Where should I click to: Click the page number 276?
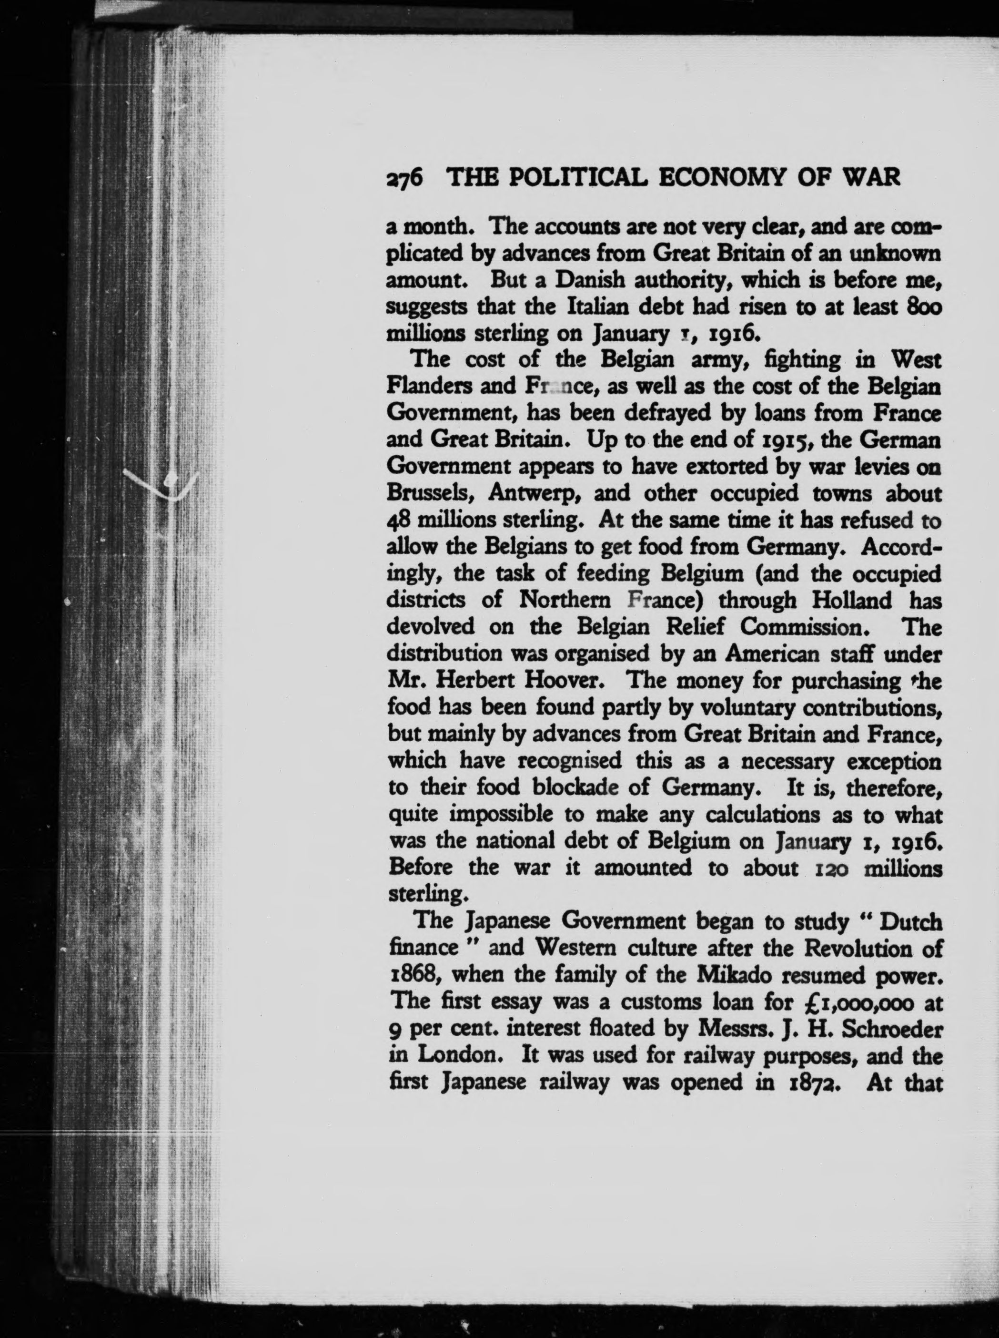pyautogui.click(x=405, y=177)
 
